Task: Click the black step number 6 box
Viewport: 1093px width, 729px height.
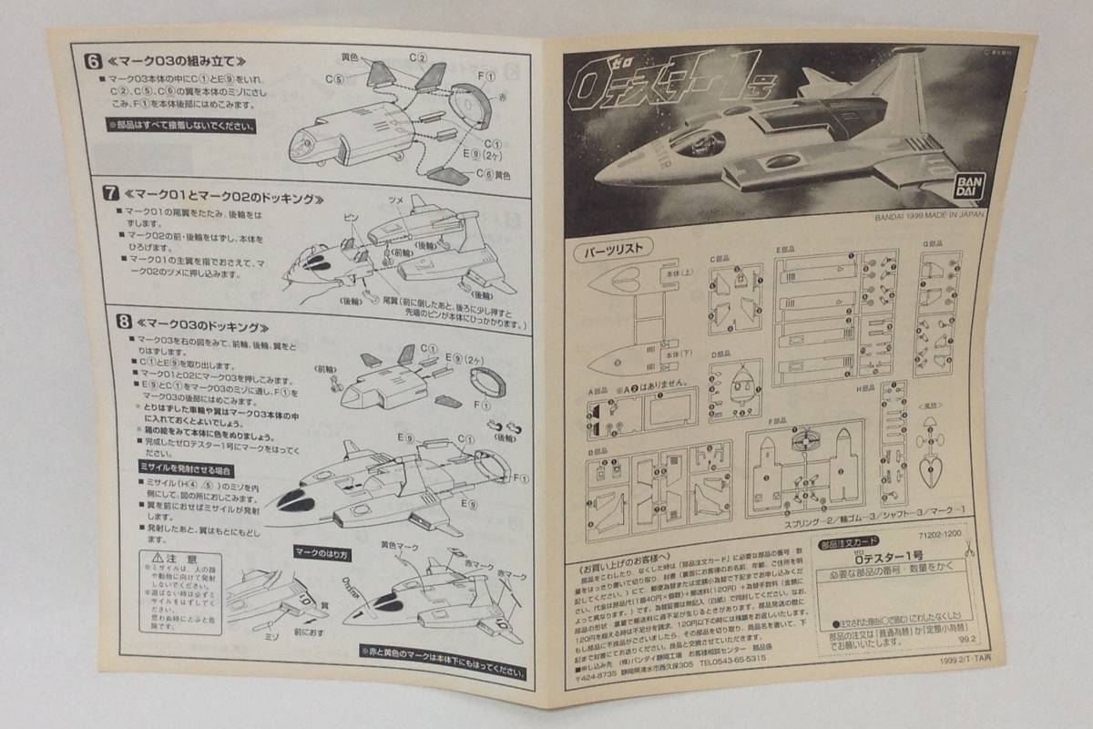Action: pos(92,62)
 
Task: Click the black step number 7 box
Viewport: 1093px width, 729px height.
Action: pos(109,194)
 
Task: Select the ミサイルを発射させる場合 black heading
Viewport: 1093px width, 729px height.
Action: pos(179,469)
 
